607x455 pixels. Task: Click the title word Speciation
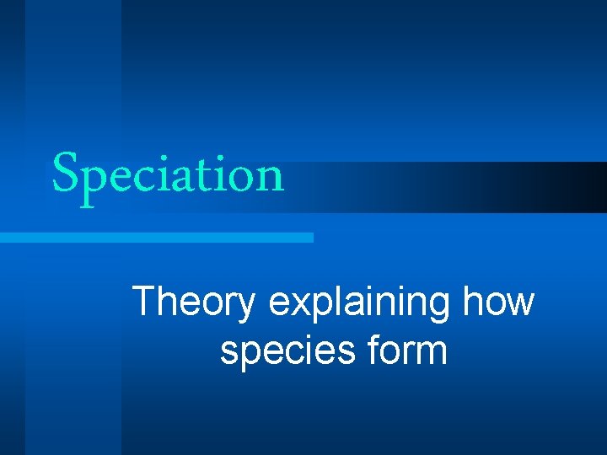pyautogui.click(x=168, y=175)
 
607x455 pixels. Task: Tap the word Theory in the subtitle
pyautogui.click(x=193, y=302)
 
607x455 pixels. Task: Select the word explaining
pyautogui.click(x=359, y=302)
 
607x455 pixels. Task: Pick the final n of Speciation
pyautogui.click(x=269, y=178)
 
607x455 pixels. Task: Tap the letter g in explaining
pyautogui.click(x=436, y=308)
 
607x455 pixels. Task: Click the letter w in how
pyautogui.click(x=519, y=305)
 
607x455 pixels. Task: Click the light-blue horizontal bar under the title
pyautogui.click(x=156, y=238)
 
